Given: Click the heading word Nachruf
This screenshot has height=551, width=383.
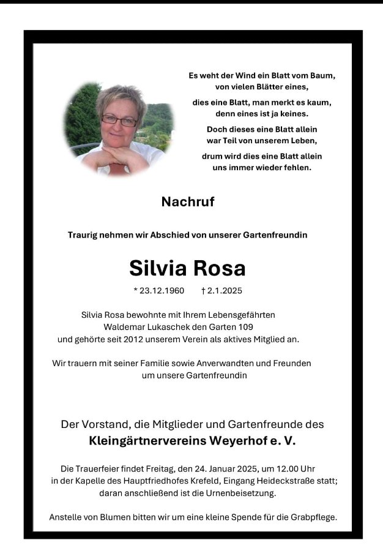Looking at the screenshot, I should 188,202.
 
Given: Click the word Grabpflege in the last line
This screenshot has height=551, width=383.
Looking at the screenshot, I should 314,517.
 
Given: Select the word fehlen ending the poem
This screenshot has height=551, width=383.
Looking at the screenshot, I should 297,167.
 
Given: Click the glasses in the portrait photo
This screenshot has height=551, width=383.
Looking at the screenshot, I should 120,121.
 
